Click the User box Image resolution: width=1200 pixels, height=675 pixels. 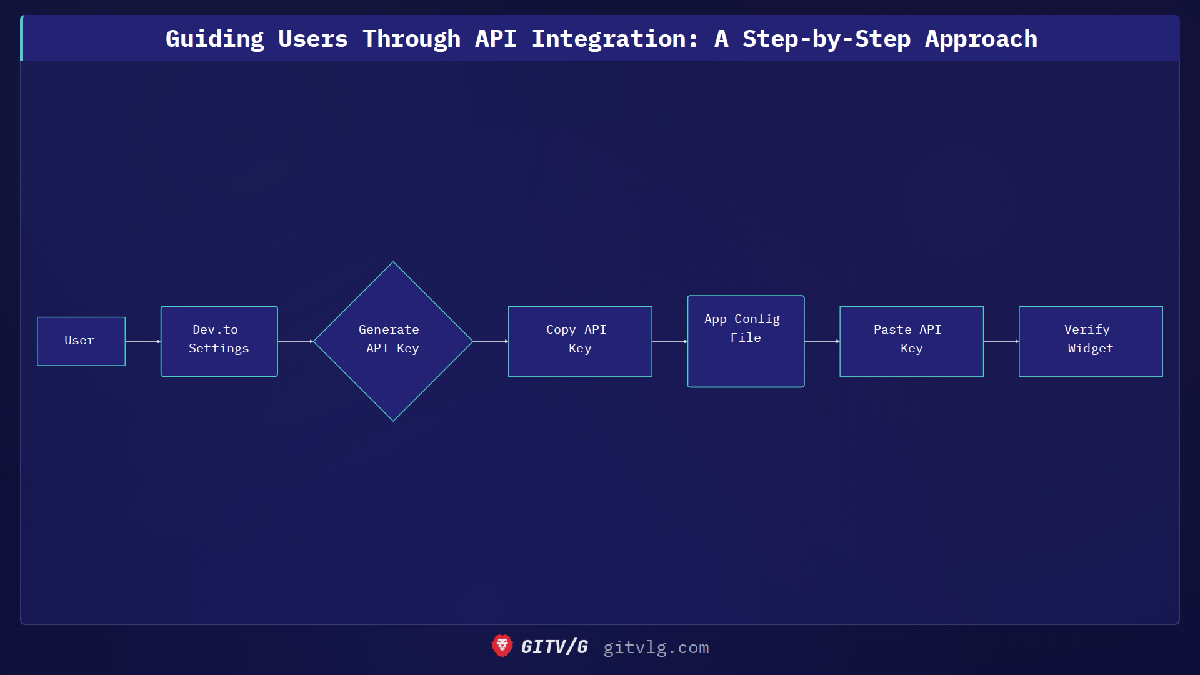click(x=81, y=341)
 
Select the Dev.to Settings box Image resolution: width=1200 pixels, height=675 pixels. click(x=219, y=341)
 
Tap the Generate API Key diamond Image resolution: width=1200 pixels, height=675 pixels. click(x=393, y=341)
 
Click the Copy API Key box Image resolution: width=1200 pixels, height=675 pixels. click(x=580, y=341)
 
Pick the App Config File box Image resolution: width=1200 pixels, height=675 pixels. click(x=746, y=341)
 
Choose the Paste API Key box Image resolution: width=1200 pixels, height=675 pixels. click(x=911, y=341)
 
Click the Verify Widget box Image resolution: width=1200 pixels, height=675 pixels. click(x=1091, y=341)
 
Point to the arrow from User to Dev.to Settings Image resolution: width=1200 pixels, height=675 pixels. click(x=143, y=341)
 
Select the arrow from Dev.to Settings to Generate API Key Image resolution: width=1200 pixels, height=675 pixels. click(x=295, y=341)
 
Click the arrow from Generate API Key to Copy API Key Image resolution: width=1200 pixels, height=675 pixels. click(x=491, y=341)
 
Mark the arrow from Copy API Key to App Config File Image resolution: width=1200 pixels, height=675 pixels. click(x=669, y=341)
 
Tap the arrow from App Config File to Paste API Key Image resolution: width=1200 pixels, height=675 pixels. click(x=822, y=341)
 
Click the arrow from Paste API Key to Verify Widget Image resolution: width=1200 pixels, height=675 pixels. click(x=1001, y=341)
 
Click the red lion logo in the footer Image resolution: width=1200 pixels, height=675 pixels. click(x=502, y=646)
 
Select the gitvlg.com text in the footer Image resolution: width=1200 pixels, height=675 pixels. click(x=656, y=647)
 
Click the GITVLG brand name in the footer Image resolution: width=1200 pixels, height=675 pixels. click(x=554, y=647)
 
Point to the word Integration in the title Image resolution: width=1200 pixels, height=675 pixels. click(x=614, y=39)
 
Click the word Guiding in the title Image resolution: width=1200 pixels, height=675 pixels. click(x=214, y=39)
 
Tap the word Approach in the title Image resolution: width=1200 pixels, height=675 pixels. click(x=981, y=39)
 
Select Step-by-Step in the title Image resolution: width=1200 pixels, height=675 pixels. click(x=826, y=39)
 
